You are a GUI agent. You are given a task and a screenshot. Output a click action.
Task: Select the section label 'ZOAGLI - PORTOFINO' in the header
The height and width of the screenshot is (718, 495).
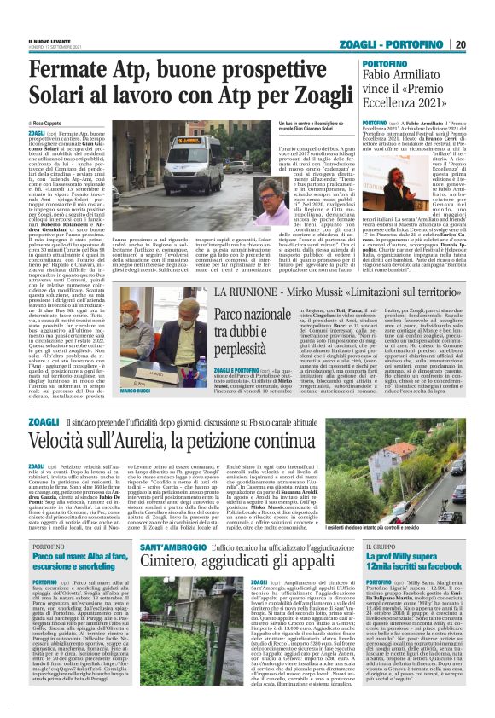[407, 43]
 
